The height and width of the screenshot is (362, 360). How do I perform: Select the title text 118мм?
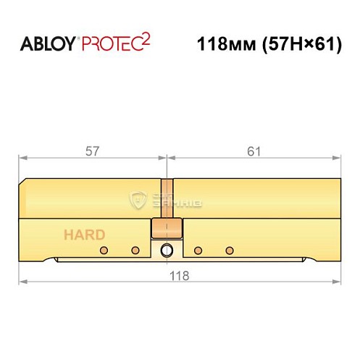pyautogui.click(x=222, y=43)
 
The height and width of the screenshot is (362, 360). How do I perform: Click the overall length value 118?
pyautogui.click(x=179, y=275)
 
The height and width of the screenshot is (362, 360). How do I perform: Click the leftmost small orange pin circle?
pyautogui.click(x=103, y=251)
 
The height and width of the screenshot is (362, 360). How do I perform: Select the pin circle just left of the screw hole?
pyautogui.click(x=135, y=251)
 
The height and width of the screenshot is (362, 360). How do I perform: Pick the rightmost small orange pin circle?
pyautogui.click(x=230, y=251)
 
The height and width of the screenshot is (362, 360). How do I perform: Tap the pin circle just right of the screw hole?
pyautogui.click(x=198, y=251)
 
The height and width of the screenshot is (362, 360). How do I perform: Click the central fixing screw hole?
pyautogui.click(x=167, y=251)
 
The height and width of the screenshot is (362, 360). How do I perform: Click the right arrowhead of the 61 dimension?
pyautogui.click(x=337, y=159)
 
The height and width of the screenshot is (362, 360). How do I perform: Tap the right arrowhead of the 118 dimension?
pyautogui.click(x=337, y=282)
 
